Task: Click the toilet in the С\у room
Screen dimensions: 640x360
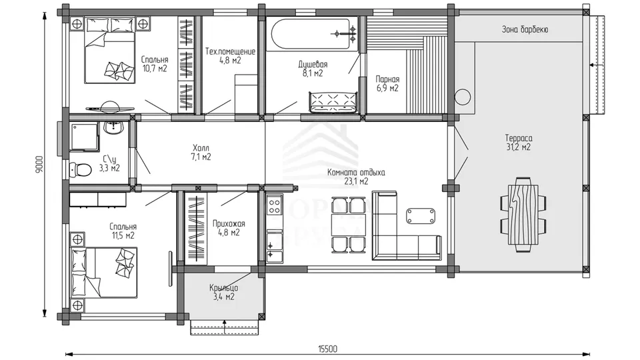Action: point(81,170)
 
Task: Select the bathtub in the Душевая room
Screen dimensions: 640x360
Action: point(308,34)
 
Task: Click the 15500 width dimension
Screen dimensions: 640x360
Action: point(328,349)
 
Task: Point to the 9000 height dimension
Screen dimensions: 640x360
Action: point(39,165)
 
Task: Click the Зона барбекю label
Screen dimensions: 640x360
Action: point(525,29)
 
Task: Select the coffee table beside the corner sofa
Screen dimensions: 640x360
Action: point(421,216)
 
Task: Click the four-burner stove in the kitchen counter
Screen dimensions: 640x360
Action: point(274,206)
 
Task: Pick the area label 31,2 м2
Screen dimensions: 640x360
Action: point(519,147)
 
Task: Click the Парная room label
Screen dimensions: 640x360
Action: point(387,79)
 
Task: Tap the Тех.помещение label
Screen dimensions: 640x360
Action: point(230,52)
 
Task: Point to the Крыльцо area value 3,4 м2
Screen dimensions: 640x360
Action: point(224,297)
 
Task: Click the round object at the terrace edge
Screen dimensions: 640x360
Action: point(463,97)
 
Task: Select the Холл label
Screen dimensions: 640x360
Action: point(201,148)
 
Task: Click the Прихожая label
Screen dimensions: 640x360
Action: point(229,224)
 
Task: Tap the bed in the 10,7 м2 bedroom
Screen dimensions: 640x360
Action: point(110,50)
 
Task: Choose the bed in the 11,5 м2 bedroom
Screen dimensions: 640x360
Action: point(104,273)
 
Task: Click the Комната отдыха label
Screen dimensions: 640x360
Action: point(356,173)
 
